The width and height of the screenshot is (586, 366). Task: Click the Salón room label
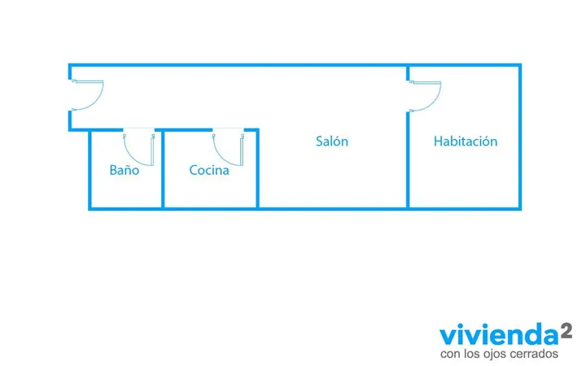click(332, 142)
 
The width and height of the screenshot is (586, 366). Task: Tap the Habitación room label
click(466, 142)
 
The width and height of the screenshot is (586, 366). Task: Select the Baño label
click(125, 170)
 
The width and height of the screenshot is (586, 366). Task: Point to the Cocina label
click(209, 170)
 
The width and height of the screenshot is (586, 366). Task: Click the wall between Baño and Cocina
click(163, 168)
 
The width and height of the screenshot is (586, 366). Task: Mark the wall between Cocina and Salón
click(257, 168)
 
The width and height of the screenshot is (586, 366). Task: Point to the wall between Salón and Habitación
click(408, 160)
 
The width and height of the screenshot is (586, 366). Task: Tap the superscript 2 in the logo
click(566, 331)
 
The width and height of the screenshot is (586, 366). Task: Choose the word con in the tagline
click(450, 354)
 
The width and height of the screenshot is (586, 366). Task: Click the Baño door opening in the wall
click(138, 130)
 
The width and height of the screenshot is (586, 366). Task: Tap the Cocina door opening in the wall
click(228, 130)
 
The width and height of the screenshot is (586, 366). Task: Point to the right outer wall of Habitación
click(520, 137)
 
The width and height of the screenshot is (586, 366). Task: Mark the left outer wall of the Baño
click(90, 169)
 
